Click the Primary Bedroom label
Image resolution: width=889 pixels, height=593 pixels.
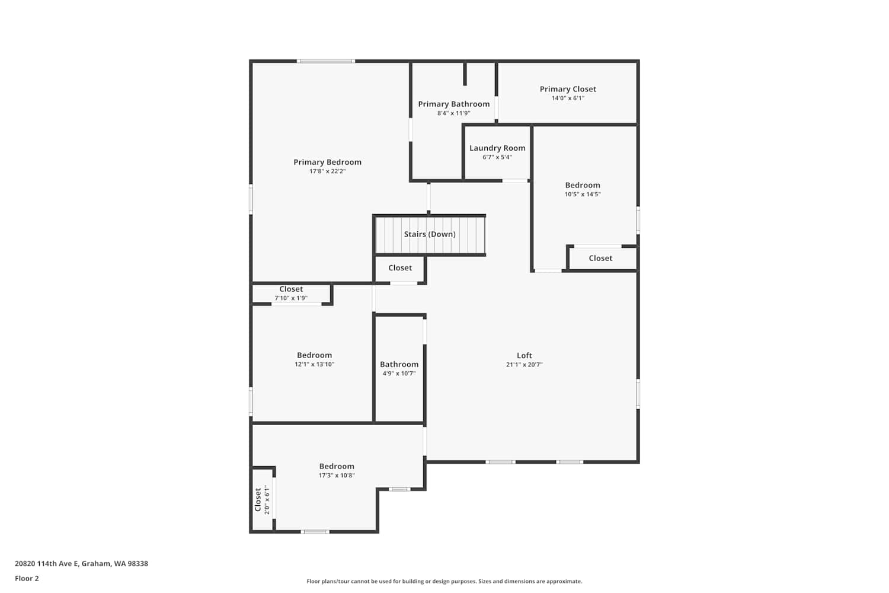327,162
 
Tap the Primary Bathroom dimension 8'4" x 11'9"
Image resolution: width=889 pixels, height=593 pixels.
453,113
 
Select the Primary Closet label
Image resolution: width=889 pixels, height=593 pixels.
568,89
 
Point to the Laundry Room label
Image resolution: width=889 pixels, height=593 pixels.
497,148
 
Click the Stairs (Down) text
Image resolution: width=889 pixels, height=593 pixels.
430,234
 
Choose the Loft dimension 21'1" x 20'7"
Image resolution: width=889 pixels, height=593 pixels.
525,365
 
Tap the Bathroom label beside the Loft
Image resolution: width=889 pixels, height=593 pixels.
399,364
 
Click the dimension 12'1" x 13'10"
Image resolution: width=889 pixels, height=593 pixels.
314,364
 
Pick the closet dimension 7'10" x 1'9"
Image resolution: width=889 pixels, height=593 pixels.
291,298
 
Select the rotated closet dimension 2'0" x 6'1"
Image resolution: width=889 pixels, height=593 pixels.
267,500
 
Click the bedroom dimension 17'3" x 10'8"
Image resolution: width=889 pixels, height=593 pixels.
337,476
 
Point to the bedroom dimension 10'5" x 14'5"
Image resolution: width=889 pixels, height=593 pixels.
583,195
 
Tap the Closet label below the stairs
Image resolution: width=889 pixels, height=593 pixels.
400,267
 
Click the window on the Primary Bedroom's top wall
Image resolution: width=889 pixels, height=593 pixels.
326,61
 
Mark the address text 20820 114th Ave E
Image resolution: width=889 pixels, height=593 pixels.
47,563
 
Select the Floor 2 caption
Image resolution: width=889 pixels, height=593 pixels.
27,578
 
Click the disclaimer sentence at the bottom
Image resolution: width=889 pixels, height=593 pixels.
444,581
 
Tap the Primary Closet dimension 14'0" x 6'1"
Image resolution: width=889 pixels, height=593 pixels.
568,98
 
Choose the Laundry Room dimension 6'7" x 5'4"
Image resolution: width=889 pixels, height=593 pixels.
497,157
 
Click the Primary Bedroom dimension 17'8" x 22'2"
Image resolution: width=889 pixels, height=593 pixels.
327,171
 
